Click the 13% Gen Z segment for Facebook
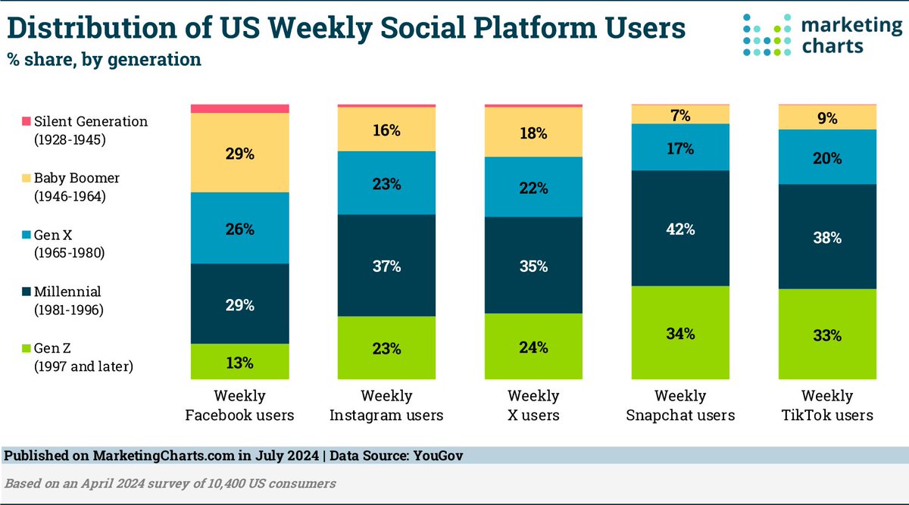(239, 360)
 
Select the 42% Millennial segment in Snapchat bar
(680, 228)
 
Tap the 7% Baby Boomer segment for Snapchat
(680, 114)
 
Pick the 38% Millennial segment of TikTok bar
(827, 236)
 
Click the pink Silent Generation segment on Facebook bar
(239, 108)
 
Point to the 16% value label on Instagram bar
(386, 129)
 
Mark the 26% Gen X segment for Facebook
(239, 228)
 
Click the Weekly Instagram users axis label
(386, 405)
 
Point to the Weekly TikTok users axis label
(827, 405)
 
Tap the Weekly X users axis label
(533, 405)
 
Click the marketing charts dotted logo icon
(770, 35)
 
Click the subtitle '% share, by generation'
(104, 59)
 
